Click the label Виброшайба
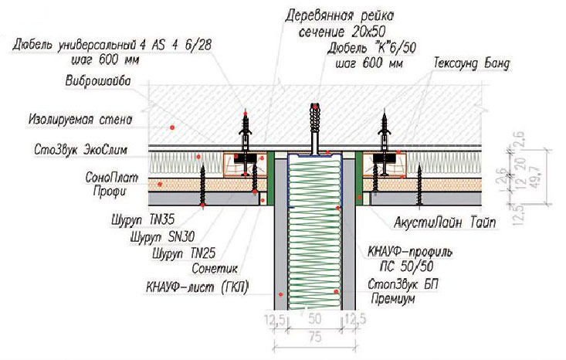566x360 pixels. point(98,81)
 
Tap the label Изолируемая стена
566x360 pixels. point(80,120)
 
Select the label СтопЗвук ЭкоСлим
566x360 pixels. point(80,150)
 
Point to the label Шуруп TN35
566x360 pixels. point(143,219)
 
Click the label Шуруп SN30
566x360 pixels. point(162,236)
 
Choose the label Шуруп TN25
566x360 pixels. point(184,253)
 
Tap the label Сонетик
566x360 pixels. point(215,268)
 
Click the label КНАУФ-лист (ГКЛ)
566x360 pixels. point(198,287)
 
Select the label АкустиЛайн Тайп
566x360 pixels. point(444,222)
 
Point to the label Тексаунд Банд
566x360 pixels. point(472,63)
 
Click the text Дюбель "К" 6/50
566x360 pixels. point(371,48)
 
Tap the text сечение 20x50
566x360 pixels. point(341,32)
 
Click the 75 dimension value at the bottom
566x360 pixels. point(315,337)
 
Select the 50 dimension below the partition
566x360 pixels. point(315,319)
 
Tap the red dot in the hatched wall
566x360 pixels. point(172,127)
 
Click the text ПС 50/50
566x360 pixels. point(406,267)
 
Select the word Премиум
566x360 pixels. point(393,299)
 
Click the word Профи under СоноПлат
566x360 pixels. point(110,190)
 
